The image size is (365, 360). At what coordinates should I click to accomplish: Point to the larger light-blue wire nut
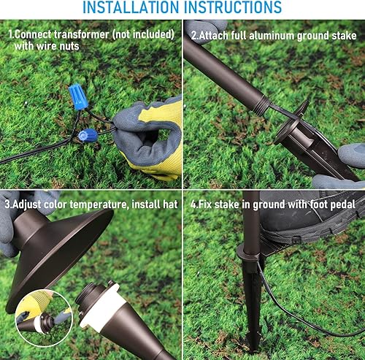[77, 95]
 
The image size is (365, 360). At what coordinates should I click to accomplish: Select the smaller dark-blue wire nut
[88, 135]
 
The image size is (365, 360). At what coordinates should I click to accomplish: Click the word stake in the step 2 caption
[341, 34]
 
